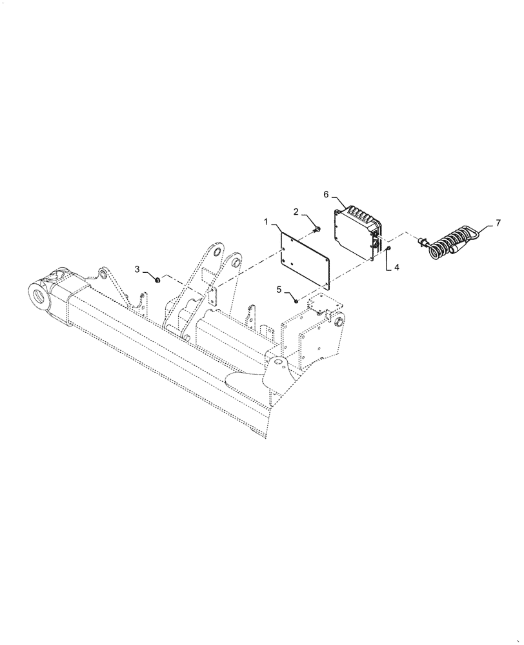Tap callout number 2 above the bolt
pyautogui.click(x=296, y=212)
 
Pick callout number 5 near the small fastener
pyautogui.click(x=279, y=290)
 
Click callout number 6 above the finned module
pyautogui.click(x=327, y=193)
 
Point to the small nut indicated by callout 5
pyautogui.click(x=296, y=300)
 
